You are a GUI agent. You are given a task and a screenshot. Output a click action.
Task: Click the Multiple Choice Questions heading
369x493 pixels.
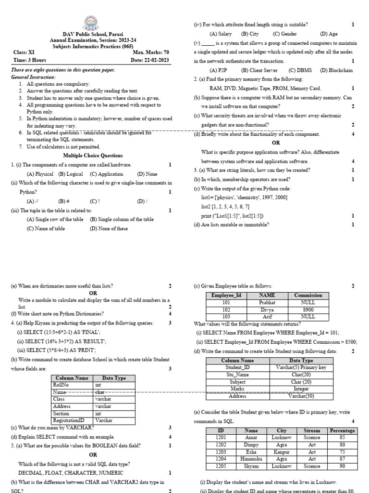pyautogui.click(x=93, y=156)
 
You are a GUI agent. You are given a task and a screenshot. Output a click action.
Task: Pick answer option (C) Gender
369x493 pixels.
pyautogui.click(x=284, y=34)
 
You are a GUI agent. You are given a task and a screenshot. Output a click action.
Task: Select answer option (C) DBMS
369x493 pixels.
pyautogui.click(x=300, y=70)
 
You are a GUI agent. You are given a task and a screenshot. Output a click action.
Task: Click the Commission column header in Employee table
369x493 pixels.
pyautogui.click(x=308, y=296)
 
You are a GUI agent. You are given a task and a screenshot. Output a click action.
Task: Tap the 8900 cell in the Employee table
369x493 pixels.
pyautogui.click(x=308, y=310)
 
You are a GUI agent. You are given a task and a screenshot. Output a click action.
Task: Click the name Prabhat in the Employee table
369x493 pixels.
pyautogui.click(x=267, y=303)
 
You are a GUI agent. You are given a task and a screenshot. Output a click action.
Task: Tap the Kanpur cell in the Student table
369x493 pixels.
pyautogui.click(x=282, y=453)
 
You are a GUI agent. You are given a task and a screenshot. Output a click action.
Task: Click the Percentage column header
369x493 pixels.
pyautogui.click(x=342, y=431)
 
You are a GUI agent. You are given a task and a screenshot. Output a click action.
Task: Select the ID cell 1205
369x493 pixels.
pyautogui.click(x=221, y=467)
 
